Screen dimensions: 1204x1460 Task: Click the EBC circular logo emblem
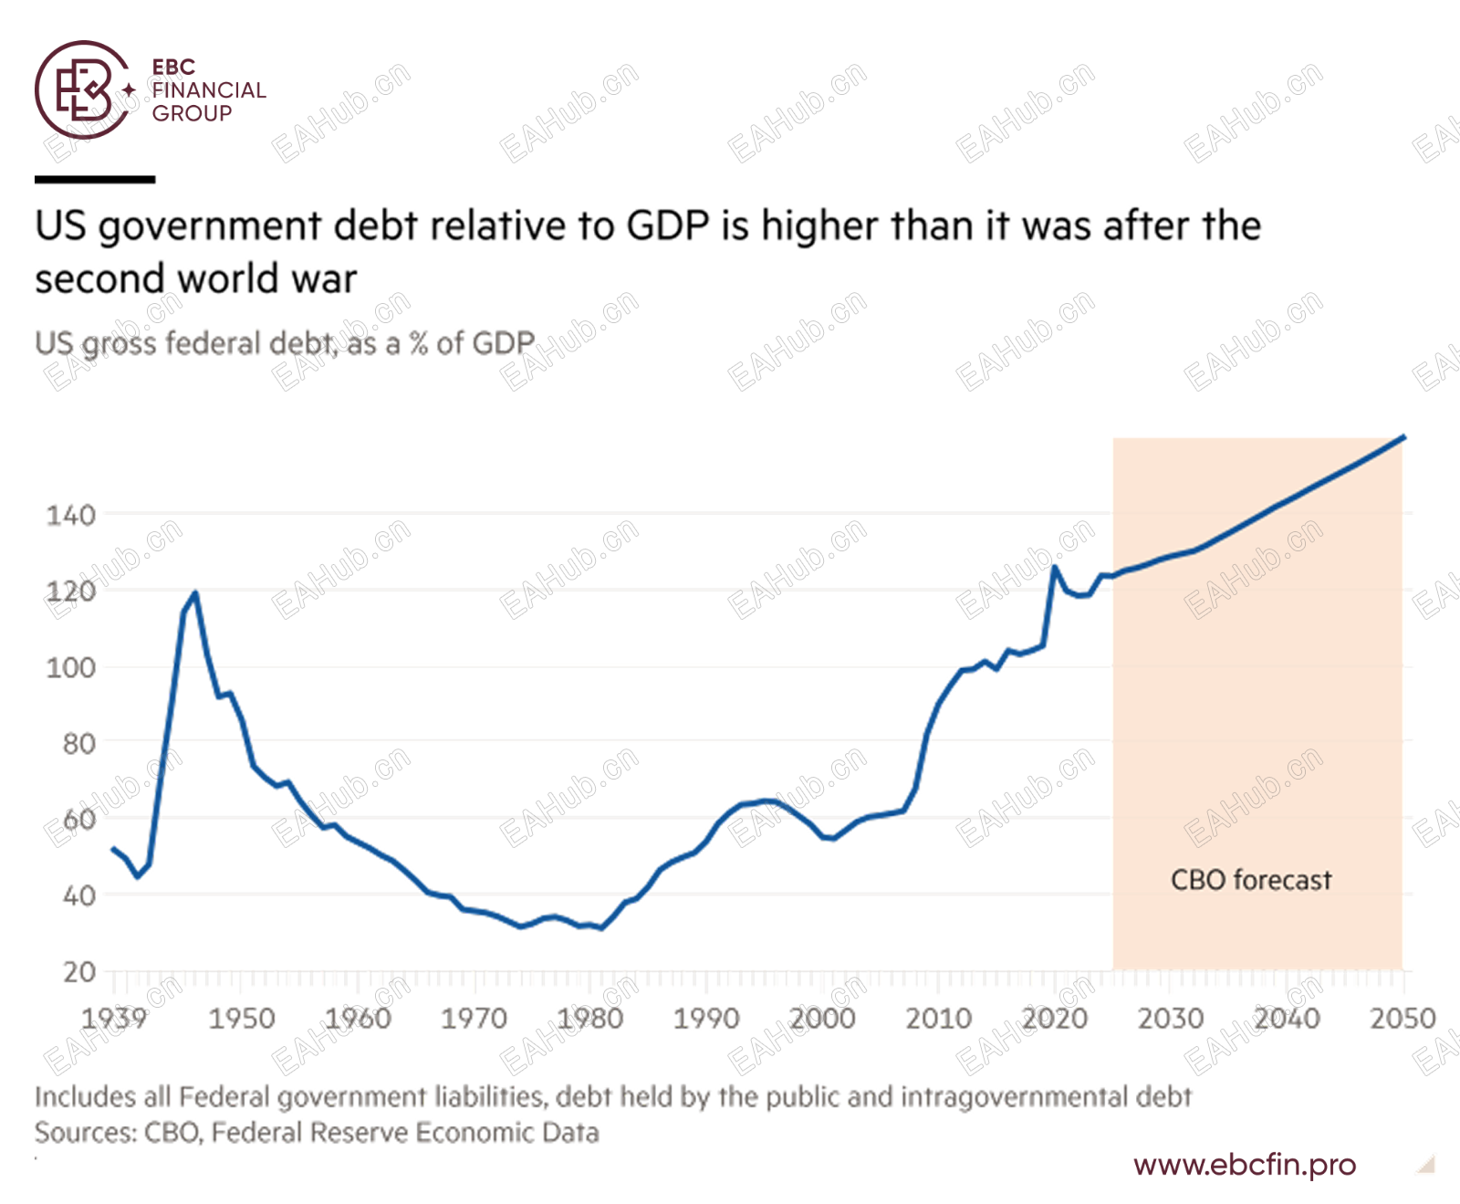tap(82, 89)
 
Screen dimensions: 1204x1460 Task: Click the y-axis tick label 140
tap(71, 516)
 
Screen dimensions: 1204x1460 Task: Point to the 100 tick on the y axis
tap(71, 668)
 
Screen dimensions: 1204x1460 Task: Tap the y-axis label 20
tap(79, 972)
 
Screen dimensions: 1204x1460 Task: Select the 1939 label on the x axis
tap(114, 1019)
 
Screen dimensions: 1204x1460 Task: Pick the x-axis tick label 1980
tap(590, 1019)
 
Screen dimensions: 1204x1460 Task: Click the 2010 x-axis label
tap(939, 1019)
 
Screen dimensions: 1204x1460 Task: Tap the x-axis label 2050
tap(1403, 1019)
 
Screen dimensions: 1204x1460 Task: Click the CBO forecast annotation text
tap(1250, 880)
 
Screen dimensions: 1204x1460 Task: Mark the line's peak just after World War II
tap(195, 594)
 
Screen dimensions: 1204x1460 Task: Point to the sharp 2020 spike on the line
tap(1055, 568)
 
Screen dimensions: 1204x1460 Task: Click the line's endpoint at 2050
tap(1403, 437)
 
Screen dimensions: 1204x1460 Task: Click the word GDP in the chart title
tap(668, 226)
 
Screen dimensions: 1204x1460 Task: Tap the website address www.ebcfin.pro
tap(1245, 1165)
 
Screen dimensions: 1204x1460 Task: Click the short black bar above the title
tap(95, 180)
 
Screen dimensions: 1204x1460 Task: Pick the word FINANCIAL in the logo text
tap(209, 90)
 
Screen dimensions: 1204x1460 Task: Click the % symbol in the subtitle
tap(419, 343)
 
